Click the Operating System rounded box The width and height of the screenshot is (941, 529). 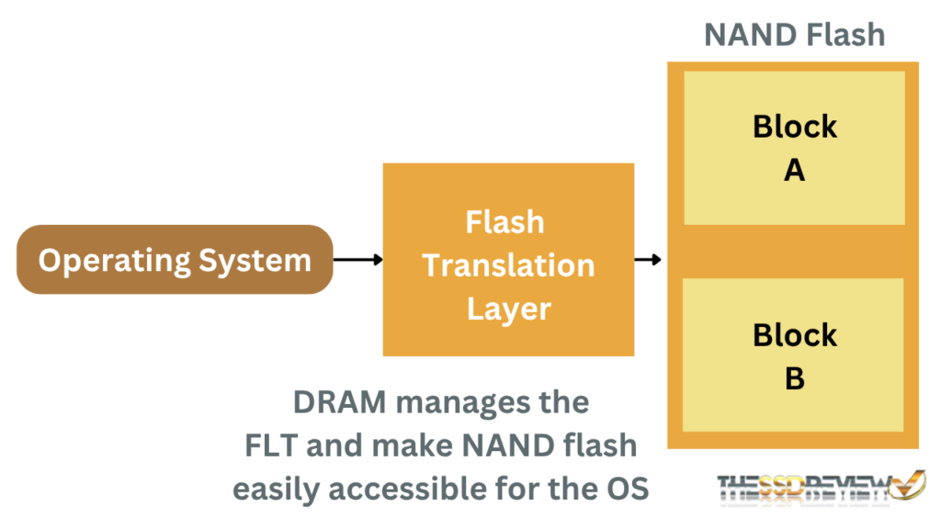[175, 260]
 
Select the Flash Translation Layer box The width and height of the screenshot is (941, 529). [508, 260]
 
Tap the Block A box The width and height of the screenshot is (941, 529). [795, 148]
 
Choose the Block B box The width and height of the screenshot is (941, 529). [795, 356]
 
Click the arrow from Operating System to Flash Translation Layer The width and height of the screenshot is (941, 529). [357, 260]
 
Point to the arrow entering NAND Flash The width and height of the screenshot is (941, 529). [649, 260]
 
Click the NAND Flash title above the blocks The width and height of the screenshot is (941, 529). [794, 35]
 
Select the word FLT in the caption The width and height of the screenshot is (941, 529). [276, 446]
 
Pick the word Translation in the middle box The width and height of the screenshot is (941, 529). [508, 265]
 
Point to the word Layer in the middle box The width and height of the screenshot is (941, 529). [508, 309]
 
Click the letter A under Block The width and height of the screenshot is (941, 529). [795, 170]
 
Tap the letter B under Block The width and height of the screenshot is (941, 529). [795, 378]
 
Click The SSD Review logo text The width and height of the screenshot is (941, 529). [803, 487]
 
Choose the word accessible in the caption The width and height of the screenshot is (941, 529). [413, 490]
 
